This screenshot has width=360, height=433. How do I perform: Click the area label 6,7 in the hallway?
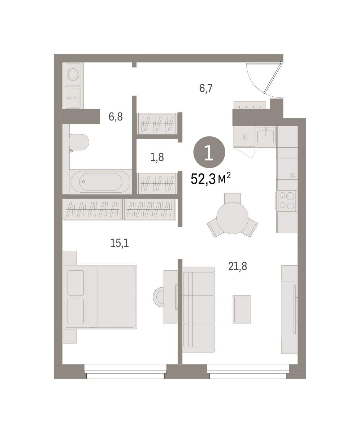coord(206,88)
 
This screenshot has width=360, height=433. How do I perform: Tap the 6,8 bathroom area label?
coord(116,117)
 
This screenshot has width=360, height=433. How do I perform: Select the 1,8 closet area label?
coord(157,157)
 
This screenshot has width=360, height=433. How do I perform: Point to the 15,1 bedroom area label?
coord(120,243)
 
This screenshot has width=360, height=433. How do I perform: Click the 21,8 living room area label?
coord(238,266)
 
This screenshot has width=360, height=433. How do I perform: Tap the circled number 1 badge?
coord(209,152)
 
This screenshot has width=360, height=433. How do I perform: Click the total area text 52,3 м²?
coord(211,179)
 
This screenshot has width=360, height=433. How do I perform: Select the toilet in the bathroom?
coord(79,142)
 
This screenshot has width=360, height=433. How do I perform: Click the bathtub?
coord(101,182)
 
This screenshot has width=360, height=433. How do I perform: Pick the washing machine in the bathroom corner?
coord(73,74)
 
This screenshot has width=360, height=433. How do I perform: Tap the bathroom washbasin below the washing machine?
coord(73,97)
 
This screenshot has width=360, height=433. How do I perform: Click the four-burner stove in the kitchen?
coord(287,201)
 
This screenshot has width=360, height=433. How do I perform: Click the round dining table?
coord(233,218)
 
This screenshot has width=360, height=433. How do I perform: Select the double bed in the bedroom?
coord(100,297)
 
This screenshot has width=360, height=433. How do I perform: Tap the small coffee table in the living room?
coord(242,309)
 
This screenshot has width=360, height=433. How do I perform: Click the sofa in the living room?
coord(198,309)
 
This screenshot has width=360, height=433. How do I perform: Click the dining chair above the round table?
coord(233,198)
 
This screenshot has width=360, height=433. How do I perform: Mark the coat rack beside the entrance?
coord(250,105)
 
